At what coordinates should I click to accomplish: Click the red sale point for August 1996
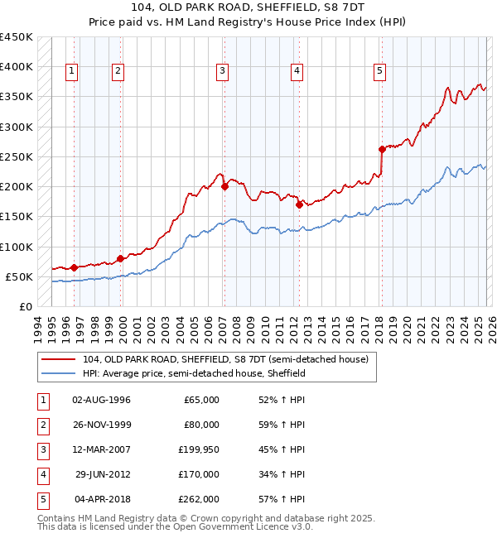[75, 267]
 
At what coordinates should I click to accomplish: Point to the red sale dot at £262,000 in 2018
[382, 150]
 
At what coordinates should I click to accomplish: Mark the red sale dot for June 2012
[299, 204]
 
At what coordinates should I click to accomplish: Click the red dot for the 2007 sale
[224, 187]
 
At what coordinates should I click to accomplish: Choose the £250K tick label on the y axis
[17, 156]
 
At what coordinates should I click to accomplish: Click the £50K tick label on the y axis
[20, 276]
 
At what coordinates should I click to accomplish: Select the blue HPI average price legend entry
[195, 373]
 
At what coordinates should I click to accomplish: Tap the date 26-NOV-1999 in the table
[102, 425]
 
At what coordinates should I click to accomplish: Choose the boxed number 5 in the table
[41, 499]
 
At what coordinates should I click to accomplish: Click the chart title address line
[248, 9]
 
